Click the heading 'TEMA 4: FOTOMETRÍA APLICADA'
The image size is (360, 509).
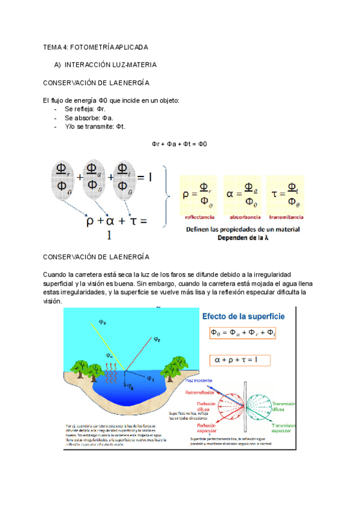coord(96,47)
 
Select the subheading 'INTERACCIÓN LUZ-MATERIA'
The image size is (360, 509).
coord(110,64)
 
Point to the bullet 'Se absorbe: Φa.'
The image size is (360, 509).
coord(89,118)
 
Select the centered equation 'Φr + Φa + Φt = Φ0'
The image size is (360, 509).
coord(179,144)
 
